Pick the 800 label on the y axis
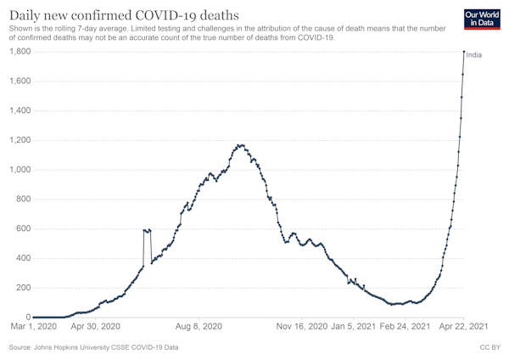point(22,200)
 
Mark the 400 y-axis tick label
point(22,258)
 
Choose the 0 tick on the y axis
point(29,317)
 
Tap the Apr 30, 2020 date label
point(94,326)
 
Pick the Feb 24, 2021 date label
point(404,326)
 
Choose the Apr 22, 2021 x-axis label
point(462,326)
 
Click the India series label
point(474,55)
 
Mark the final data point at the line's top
point(463,52)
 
